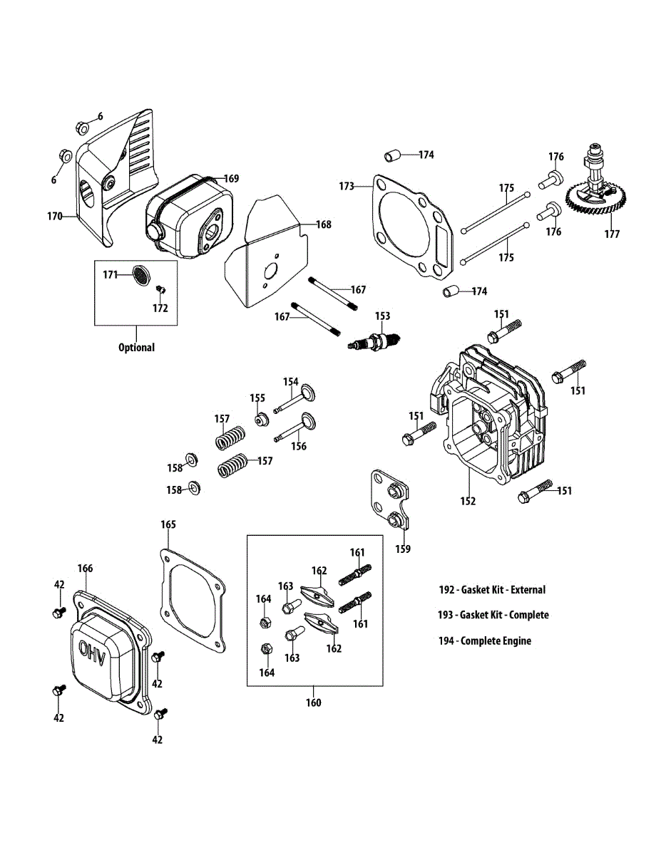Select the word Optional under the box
click(136, 348)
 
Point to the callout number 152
click(467, 502)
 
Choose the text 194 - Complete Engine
click(484, 641)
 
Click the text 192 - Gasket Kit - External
click(492, 589)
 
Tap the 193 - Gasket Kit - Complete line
click(493, 615)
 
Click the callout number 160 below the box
click(314, 703)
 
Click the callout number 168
click(324, 224)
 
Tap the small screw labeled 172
click(160, 288)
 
